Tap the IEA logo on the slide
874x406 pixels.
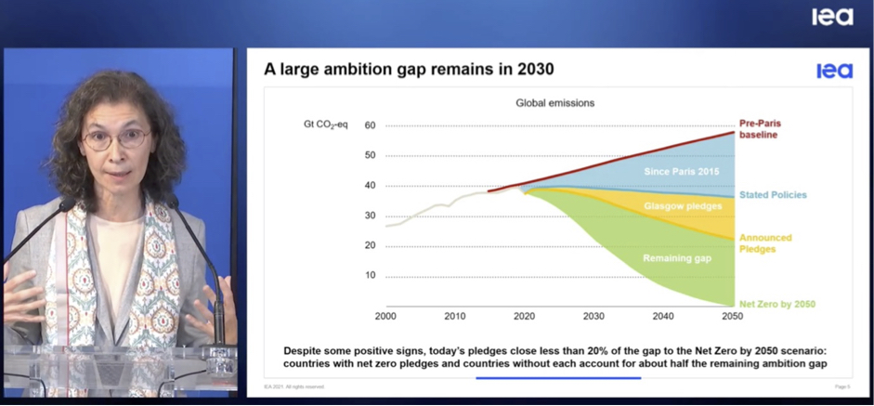[x=833, y=71]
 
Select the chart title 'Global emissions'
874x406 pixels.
[x=554, y=103]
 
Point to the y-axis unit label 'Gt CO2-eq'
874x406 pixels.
[x=325, y=125]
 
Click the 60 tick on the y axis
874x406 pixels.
[x=370, y=125]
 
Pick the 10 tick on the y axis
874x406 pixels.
[x=370, y=276]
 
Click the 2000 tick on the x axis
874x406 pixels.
[x=386, y=317]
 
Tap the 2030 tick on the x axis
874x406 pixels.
[x=594, y=317]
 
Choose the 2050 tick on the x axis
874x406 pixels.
[x=733, y=317]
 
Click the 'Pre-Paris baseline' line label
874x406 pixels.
[x=758, y=129]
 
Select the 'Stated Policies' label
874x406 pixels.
[x=773, y=195]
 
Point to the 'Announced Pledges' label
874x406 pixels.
[x=765, y=243]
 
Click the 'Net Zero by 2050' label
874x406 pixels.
[x=777, y=304]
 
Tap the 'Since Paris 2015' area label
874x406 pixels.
[x=681, y=172]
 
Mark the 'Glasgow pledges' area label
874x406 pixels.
[x=683, y=206]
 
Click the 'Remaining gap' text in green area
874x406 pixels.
[x=676, y=258]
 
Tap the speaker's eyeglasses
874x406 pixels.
[x=115, y=139]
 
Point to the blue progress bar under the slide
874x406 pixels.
[x=557, y=378]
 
